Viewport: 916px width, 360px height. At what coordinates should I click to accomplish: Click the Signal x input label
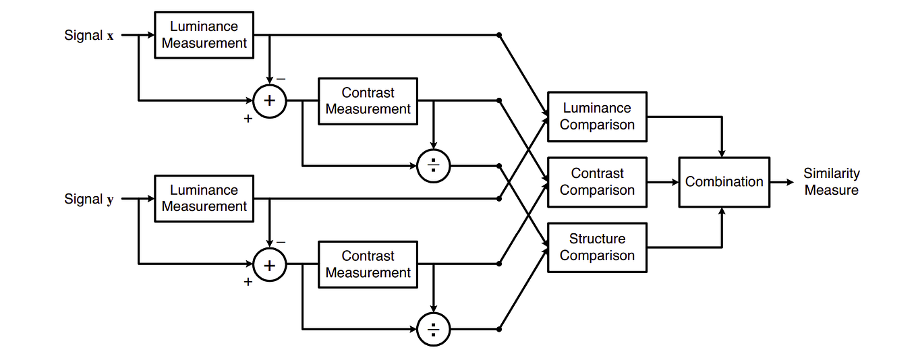[x=89, y=35]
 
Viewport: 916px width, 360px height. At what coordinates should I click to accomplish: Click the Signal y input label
[x=89, y=199]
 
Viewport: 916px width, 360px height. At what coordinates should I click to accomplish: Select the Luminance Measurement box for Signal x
[x=204, y=35]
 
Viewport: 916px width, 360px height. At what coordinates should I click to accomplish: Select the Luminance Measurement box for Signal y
[x=204, y=198]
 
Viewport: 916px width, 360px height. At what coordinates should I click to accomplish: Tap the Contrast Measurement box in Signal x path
[x=368, y=101]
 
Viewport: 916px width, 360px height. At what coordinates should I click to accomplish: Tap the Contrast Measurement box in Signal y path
[x=368, y=264]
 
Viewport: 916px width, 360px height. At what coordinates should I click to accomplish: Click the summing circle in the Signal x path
[x=270, y=101]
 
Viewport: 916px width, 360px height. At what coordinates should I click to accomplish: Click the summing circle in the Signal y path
[x=270, y=264]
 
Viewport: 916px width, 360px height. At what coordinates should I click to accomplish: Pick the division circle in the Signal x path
[x=434, y=165]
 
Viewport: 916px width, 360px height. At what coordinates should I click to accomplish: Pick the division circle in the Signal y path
[x=434, y=329]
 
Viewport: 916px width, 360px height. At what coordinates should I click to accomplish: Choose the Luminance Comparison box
[x=597, y=117]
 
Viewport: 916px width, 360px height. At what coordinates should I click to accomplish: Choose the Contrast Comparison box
[x=597, y=182]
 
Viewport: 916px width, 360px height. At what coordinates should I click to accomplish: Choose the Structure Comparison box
[x=597, y=247]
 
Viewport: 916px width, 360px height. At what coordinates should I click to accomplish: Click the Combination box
[x=724, y=182]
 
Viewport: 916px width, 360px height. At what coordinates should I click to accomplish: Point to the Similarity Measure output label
[x=831, y=182]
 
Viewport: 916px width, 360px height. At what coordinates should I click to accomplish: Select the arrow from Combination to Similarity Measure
[x=782, y=182]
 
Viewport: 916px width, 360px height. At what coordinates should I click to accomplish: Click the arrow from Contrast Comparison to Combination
[x=662, y=182]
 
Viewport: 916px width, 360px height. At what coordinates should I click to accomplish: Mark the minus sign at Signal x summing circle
[x=281, y=79]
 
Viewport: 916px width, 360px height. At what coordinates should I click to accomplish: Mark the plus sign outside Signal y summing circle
[x=248, y=282]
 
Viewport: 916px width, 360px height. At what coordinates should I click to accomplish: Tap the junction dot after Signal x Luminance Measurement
[x=498, y=35]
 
